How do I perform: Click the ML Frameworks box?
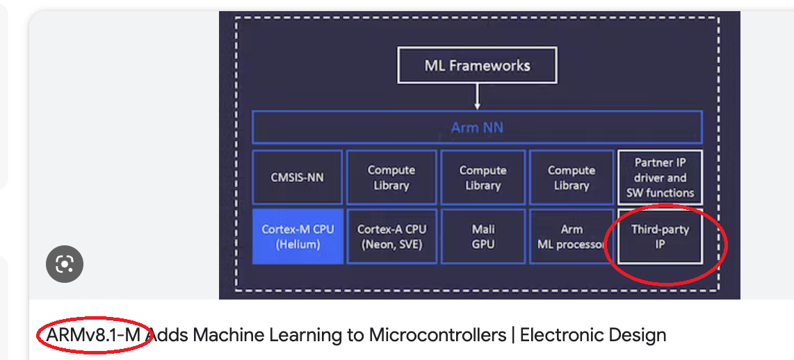[477, 66]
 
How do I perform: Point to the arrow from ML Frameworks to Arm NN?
[477, 97]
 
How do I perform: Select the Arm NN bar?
[477, 127]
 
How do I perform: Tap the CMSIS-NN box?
[297, 177]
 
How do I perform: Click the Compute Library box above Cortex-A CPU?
[391, 177]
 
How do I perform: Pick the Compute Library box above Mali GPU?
[483, 177]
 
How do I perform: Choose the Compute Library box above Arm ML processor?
[572, 177]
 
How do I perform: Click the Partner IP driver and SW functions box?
[660, 177]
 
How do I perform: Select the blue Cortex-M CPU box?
[297, 236]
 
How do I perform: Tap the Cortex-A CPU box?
[391, 236]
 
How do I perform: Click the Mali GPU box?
[483, 236]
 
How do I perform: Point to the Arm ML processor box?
[572, 236]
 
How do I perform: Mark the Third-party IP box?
[660, 236]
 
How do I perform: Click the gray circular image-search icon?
[65, 264]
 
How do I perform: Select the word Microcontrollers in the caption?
[438, 336]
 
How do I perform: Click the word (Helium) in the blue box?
[297, 245]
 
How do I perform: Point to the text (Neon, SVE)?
[391, 245]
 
